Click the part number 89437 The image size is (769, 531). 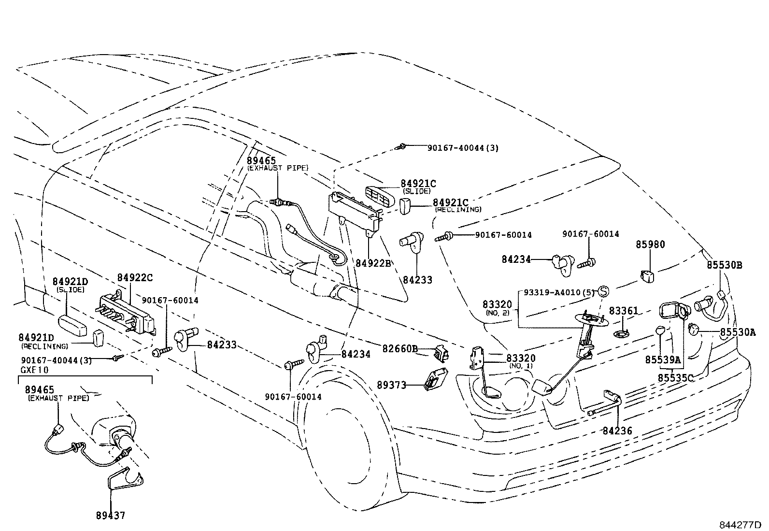tap(110, 516)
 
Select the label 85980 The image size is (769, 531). tap(650, 244)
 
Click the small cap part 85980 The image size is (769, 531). tap(647, 276)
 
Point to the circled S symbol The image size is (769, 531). tap(603, 291)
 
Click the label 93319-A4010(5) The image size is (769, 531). tap(558, 292)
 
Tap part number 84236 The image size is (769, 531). tap(617, 430)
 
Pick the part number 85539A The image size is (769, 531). tap(663, 360)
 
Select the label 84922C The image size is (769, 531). tap(135, 277)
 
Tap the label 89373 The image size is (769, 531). tap(392, 385)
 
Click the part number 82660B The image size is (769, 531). tap(400, 348)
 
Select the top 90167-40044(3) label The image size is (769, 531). tap(463, 148)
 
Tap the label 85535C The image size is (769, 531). tap(676, 377)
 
